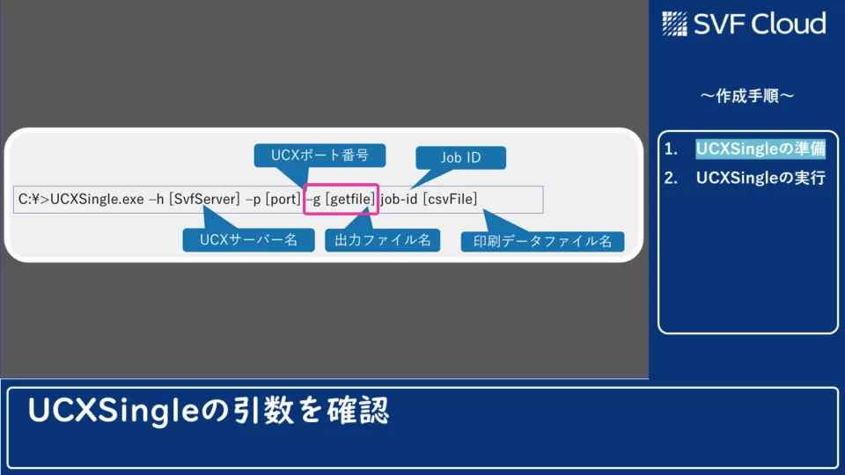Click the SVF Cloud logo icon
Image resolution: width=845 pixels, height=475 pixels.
coord(674,24)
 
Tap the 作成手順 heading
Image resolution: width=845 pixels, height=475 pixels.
coord(747,96)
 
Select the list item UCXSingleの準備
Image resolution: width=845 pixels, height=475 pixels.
coord(760,149)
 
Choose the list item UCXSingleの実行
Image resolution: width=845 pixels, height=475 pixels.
coord(760,178)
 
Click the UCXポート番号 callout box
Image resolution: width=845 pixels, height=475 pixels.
coord(320,155)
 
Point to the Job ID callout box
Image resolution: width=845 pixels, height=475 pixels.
coord(460,157)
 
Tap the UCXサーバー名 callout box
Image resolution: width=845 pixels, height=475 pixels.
coord(248,239)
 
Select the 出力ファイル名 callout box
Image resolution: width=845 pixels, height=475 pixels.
coord(383,239)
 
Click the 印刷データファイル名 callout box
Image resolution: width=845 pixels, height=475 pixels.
coord(543,241)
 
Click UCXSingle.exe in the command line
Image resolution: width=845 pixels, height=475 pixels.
coord(97,200)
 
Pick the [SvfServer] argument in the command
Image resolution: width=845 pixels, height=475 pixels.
coord(204,200)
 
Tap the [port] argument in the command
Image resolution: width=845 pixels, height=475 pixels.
coord(283,200)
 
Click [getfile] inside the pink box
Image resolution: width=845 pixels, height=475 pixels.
coord(349,200)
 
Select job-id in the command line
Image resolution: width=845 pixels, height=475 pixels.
coord(399,200)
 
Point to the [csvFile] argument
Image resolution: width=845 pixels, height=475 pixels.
coord(450,200)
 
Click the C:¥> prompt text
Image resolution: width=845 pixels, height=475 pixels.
coord(33,200)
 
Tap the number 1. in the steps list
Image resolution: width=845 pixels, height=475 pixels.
coord(671,149)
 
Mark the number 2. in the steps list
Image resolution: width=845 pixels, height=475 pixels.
coord(671,178)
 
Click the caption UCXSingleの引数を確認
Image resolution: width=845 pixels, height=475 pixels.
coord(208,411)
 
